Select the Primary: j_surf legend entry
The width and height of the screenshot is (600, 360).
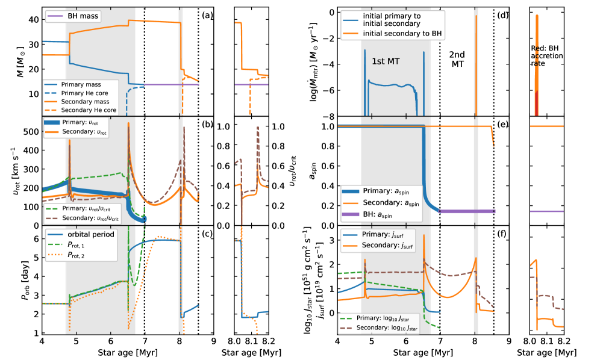pyautogui.click(x=390, y=235)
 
